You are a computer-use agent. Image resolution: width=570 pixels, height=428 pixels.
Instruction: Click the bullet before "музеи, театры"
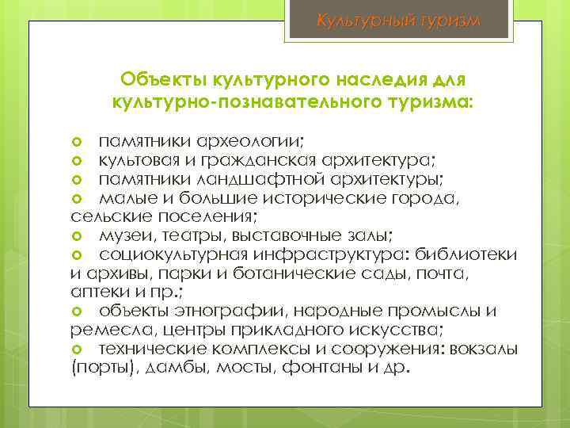[78, 235]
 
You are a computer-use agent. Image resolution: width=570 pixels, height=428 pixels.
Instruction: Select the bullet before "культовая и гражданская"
[78, 159]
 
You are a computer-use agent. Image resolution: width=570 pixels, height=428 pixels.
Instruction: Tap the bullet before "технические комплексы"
[78, 350]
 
